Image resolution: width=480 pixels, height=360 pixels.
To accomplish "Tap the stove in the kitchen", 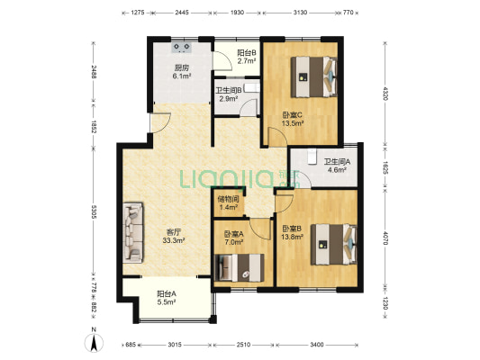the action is (182, 48).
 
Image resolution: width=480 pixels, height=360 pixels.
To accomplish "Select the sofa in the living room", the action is (133, 233).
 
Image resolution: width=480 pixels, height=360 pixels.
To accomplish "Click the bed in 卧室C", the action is (313, 76).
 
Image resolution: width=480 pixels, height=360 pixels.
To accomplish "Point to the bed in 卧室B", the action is (334, 245).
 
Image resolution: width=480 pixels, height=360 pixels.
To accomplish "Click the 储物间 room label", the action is (228, 199).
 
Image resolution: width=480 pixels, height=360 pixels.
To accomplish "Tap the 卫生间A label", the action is (338, 161).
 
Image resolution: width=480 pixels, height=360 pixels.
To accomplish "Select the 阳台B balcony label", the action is (247, 52).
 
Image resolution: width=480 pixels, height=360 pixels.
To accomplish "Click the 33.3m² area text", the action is (174, 240).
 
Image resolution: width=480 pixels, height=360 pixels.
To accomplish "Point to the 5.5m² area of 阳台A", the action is (167, 302).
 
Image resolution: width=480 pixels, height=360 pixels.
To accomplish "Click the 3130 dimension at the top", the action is (300, 13).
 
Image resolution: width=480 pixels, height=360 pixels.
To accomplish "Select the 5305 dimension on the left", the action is (94, 212).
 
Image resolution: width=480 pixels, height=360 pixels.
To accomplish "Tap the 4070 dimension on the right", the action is (385, 238).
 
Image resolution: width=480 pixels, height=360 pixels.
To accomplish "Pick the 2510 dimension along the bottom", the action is (243, 345).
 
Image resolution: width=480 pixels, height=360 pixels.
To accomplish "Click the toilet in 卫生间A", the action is (312, 157).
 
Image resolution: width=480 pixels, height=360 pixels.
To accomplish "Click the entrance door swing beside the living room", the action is (159, 122).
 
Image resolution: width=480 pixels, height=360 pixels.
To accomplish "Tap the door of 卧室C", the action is (277, 137).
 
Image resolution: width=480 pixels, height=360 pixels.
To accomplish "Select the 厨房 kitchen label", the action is (182, 67).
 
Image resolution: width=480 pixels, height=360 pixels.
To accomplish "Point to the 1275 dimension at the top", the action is (138, 13).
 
